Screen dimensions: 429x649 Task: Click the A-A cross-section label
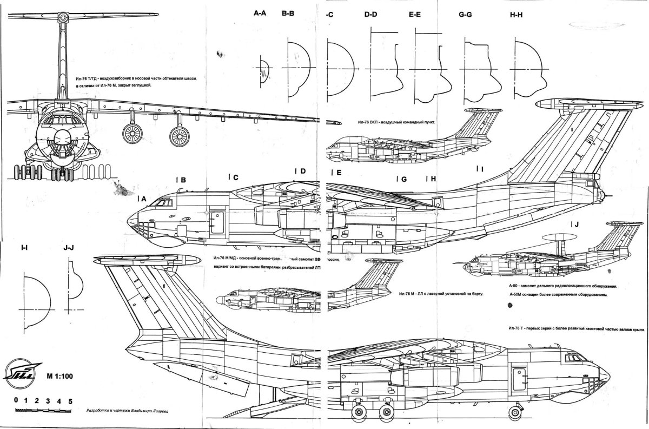point(260,15)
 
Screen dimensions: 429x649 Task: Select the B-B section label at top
point(288,15)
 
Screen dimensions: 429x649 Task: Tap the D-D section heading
point(370,15)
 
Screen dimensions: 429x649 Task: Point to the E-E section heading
point(415,15)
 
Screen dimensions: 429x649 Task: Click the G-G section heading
point(465,15)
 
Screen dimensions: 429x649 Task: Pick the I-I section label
point(24,248)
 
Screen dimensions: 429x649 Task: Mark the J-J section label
point(69,248)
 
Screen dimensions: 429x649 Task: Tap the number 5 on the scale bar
point(70,401)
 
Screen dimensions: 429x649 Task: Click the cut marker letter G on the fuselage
point(403,179)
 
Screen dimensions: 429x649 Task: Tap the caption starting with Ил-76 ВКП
point(396,122)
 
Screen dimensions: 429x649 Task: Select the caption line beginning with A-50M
point(559,294)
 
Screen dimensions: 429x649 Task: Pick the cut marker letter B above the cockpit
point(183,180)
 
